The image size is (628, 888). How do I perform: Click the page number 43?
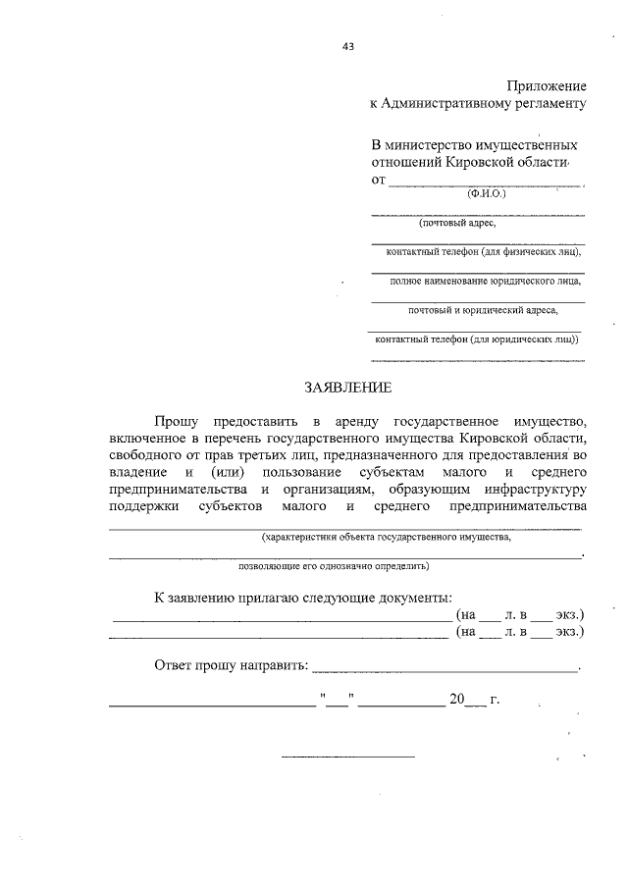(347, 44)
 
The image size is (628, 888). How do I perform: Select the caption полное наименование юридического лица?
(478, 282)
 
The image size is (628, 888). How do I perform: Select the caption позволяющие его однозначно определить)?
(335, 566)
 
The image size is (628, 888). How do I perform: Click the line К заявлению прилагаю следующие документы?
(304, 597)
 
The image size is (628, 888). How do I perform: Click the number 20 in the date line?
(455, 700)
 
